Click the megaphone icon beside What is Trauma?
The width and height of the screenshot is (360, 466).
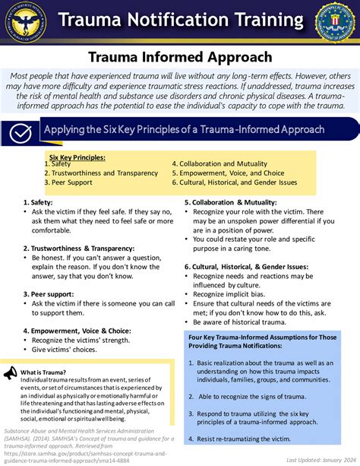pyautogui.click(x=10, y=373)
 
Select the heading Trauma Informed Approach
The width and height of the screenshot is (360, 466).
pyautogui.click(x=180, y=57)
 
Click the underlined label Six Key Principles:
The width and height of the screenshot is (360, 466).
pyautogui.click(x=77, y=157)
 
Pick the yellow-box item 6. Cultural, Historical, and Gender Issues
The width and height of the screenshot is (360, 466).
pyautogui.click(x=233, y=182)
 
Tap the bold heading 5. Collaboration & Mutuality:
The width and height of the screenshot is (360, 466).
pyautogui.click(x=230, y=203)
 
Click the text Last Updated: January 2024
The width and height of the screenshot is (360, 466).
pyautogui.click(x=318, y=460)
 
